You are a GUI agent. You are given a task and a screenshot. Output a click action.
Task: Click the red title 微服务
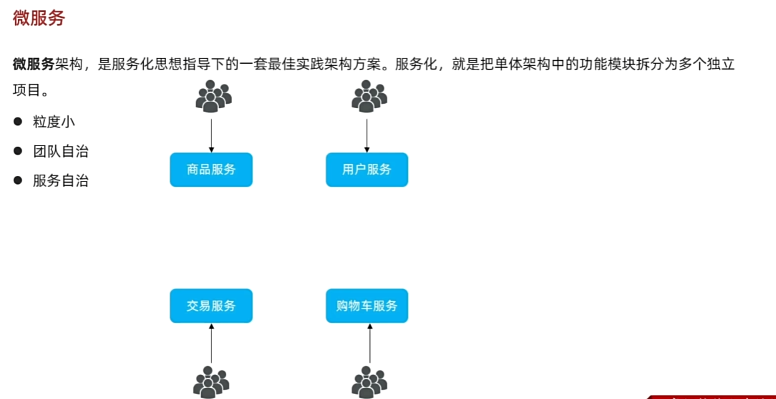[x=39, y=18]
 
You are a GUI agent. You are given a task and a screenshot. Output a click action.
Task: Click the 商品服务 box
[x=211, y=169]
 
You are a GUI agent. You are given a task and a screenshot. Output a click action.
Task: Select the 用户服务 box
[x=367, y=169]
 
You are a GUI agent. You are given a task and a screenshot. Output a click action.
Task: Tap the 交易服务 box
[x=211, y=306]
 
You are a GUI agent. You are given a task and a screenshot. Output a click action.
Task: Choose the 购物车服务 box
[x=367, y=306]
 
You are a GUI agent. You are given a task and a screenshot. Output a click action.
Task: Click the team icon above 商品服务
[x=213, y=96]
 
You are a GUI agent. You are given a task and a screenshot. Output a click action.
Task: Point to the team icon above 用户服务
[x=369, y=96]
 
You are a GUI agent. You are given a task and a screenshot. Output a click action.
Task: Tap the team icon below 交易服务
[x=211, y=382]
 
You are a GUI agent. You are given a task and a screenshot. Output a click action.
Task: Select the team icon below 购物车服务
[x=369, y=382]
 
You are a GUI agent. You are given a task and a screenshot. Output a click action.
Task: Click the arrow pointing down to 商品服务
[x=211, y=134]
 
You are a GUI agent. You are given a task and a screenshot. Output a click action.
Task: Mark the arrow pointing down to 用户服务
[x=367, y=134]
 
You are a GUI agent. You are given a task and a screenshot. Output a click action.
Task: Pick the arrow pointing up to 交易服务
[x=211, y=343]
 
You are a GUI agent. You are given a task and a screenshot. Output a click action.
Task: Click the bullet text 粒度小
[x=54, y=122]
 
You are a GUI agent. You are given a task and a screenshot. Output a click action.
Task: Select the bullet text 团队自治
[x=61, y=151]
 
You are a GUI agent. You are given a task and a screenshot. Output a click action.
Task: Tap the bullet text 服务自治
[x=61, y=181]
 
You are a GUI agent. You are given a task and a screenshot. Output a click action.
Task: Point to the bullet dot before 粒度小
[x=18, y=121]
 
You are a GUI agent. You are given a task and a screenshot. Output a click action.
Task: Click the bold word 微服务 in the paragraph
[x=34, y=64]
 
